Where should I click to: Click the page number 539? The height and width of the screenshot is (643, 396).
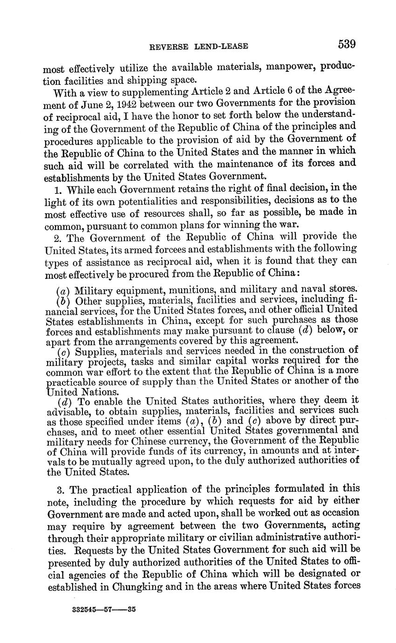point(347,45)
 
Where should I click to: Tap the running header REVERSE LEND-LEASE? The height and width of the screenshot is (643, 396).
point(198,46)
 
